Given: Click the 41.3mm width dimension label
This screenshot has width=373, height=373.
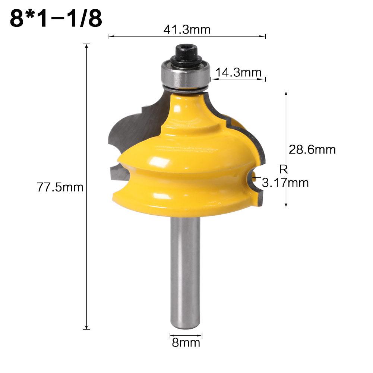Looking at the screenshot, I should (x=187, y=29).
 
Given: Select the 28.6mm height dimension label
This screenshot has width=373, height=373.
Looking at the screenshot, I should (x=312, y=150).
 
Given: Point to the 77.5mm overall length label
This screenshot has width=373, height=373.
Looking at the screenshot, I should (x=60, y=187).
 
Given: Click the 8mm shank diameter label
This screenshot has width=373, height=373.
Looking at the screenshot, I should (x=186, y=342).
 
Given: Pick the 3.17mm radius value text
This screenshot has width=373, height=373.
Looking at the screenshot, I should (x=285, y=183).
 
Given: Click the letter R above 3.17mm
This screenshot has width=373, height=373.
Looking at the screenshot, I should (x=284, y=170).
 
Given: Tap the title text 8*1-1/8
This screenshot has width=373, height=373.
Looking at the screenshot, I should (x=56, y=19).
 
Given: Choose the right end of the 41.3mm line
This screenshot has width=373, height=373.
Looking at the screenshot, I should (x=265, y=36).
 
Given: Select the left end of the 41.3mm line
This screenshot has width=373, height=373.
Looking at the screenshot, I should (x=108, y=36).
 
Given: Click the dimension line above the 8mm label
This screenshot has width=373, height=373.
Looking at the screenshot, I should (x=186, y=335).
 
